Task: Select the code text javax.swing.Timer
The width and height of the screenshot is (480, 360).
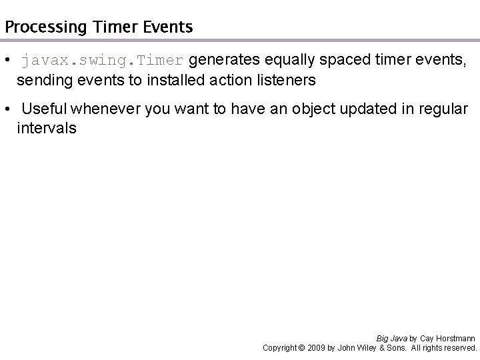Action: (x=102, y=61)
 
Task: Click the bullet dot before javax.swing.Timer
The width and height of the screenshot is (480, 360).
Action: (x=7, y=61)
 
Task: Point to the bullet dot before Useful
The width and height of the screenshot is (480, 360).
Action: (x=7, y=109)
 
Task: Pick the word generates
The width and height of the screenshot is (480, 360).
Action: (x=222, y=61)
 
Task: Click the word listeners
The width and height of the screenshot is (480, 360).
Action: (x=283, y=81)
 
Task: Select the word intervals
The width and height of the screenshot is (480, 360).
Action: (x=47, y=128)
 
